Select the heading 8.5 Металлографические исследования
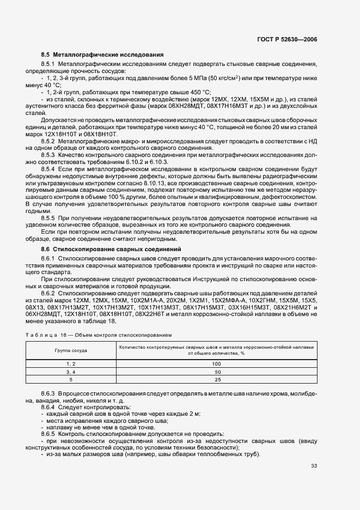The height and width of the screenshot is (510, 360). (102, 54)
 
